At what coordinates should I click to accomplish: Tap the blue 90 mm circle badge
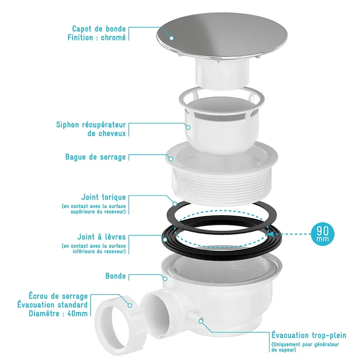tap(322, 234)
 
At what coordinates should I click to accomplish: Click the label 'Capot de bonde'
tap(99, 29)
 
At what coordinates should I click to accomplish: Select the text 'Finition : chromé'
tap(97, 38)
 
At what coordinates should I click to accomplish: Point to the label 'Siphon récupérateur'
tap(91, 125)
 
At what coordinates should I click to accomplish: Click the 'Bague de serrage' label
tap(95, 157)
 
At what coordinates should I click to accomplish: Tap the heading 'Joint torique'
tap(103, 197)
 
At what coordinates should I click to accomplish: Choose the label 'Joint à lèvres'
tap(101, 237)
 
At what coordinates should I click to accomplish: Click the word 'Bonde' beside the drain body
tap(116, 276)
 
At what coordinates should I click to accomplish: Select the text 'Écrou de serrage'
tap(58, 296)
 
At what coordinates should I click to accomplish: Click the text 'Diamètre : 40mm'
tap(58, 313)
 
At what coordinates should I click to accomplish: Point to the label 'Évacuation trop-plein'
tap(309, 335)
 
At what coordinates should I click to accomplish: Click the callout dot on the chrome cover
tap(171, 38)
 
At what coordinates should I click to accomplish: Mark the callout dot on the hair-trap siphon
tap(188, 127)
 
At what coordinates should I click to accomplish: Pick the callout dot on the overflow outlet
tap(201, 321)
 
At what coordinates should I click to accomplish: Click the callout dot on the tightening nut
tap(130, 305)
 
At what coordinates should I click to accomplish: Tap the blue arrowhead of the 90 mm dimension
tap(271, 234)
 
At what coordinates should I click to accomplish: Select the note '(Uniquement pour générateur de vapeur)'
tap(305, 347)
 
